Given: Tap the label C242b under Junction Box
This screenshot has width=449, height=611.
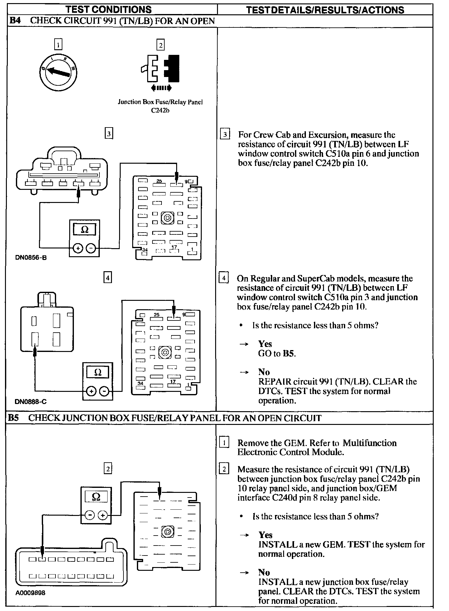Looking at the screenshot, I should (x=160, y=110).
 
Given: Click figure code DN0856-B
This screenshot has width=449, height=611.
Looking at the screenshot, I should (x=31, y=258).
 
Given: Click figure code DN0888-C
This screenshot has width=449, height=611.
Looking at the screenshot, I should (x=31, y=402).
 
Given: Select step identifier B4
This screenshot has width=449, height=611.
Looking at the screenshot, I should (x=15, y=21).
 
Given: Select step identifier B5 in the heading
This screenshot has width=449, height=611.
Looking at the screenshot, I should (x=13, y=418).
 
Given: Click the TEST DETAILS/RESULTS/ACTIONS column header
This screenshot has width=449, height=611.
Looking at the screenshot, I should (x=325, y=10).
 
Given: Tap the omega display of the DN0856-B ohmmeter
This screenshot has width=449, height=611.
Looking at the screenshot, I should (x=84, y=230).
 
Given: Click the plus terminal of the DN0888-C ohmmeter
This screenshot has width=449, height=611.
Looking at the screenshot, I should (x=91, y=391).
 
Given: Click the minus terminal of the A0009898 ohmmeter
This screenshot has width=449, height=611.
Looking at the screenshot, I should (x=90, y=515).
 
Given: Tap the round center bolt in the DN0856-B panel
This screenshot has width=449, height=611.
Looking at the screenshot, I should (x=168, y=217).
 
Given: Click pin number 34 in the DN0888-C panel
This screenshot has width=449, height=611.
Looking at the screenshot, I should (x=141, y=383).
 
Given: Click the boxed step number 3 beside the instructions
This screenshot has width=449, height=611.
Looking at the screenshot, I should (x=225, y=135).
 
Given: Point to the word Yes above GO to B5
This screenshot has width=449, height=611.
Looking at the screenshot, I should (x=265, y=344).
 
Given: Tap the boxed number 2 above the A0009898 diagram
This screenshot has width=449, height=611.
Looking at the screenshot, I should (x=108, y=469).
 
